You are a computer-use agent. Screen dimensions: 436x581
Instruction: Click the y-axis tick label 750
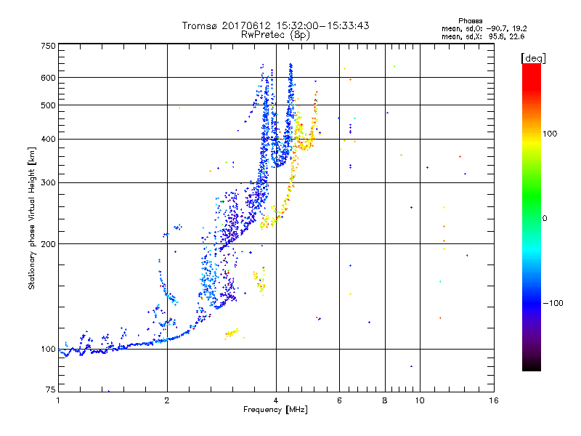point(48,46)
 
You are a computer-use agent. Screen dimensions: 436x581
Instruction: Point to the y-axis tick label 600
point(48,78)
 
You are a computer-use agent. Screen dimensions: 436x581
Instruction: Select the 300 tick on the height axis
point(48,183)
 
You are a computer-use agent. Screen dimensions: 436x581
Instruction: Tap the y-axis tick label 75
point(50,391)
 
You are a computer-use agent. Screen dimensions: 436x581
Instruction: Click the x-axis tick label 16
point(494,400)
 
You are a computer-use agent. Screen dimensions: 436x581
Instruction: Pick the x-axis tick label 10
point(419,400)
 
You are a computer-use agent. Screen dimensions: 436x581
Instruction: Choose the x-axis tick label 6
point(339,400)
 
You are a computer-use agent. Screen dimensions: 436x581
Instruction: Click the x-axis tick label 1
point(58,400)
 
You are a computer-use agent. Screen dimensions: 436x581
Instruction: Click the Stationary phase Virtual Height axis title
point(32,219)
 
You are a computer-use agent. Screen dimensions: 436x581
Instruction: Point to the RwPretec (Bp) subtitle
point(276,34)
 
